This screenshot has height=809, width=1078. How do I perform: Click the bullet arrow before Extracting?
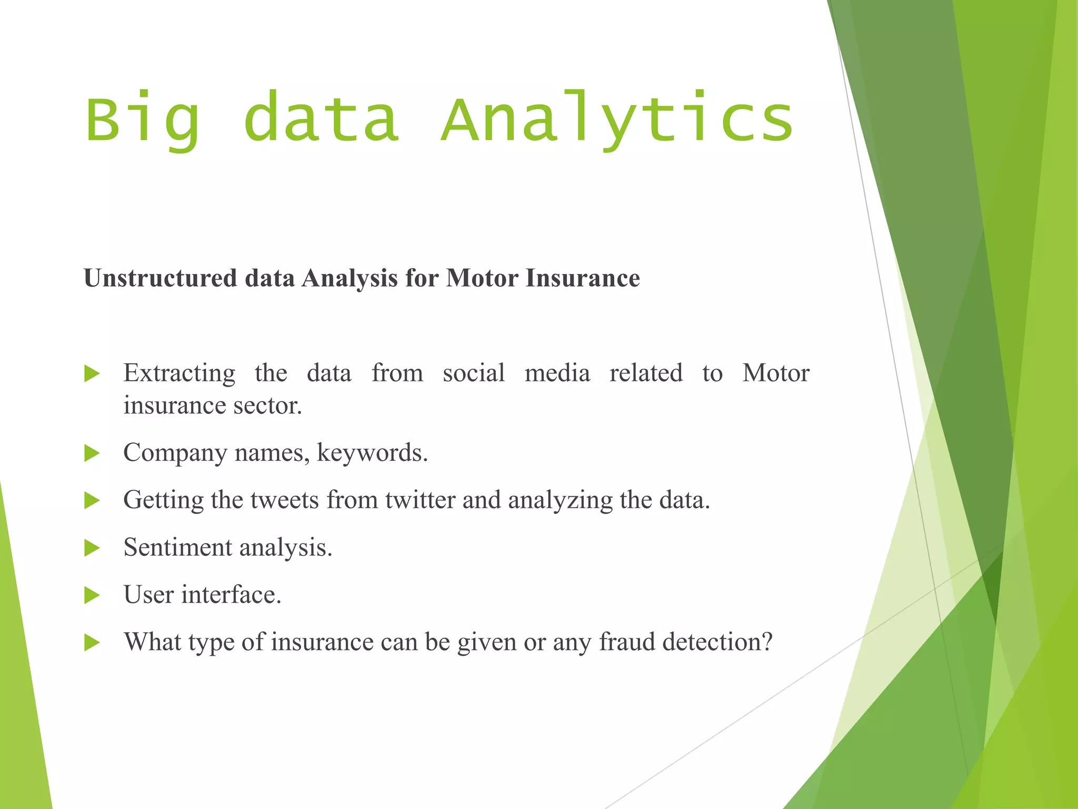click(x=92, y=374)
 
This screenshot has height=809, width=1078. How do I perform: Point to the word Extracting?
click(x=179, y=374)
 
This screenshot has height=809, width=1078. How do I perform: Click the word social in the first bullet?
click(x=473, y=373)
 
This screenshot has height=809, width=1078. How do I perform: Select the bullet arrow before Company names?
click(x=92, y=453)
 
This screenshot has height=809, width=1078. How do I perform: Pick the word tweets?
click(x=284, y=500)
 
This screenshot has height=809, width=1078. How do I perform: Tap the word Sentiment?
click(x=177, y=547)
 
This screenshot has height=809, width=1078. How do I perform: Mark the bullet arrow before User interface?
click(x=92, y=596)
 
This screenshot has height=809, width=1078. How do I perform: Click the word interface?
click(x=231, y=595)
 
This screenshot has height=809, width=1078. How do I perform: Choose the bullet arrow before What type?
click(x=92, y=643)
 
